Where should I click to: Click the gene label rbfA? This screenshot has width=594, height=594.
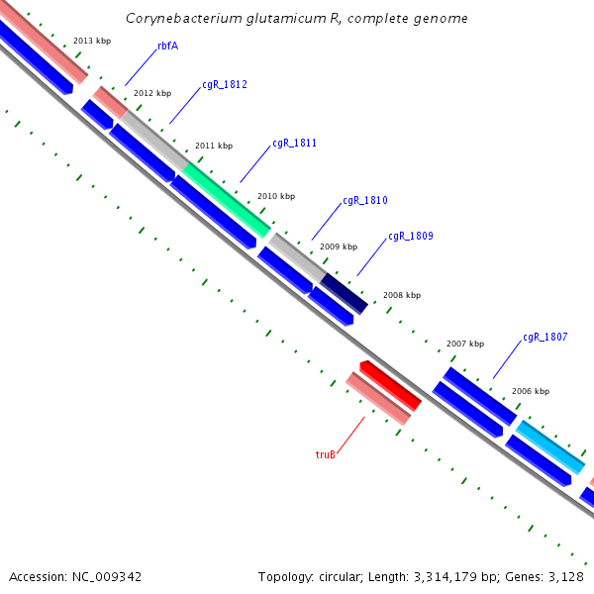tap(167, 46)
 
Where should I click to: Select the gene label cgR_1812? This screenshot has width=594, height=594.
tap(225, 85)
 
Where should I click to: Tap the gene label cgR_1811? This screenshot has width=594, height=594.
tap(294, 144)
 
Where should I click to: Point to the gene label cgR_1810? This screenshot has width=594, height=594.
tap(364, 201)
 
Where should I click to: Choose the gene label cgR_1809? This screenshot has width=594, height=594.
tap(410, 237)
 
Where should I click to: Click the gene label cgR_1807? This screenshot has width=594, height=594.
tap(544, 338)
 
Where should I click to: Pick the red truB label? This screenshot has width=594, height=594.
tap(326, 454)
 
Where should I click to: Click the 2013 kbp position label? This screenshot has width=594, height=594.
tap(92, 41)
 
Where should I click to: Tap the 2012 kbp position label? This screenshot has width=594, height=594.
tap(152, 93)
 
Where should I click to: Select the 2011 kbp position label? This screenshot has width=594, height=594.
tap(213, 146)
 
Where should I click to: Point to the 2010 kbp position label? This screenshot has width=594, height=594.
tap(275, 196)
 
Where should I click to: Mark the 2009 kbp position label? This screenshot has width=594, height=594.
tap(339, 246)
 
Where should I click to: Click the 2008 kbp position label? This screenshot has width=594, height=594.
tap(401, 295)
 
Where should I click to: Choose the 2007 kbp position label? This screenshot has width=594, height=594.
tap(464, 344)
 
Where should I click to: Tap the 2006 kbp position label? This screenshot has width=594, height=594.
tap(530, 391)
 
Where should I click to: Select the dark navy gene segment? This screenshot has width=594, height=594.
tap(344, 294)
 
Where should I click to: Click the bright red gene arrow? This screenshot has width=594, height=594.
tap(390, 386)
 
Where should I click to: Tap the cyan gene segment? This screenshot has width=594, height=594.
tap(549, 446)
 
